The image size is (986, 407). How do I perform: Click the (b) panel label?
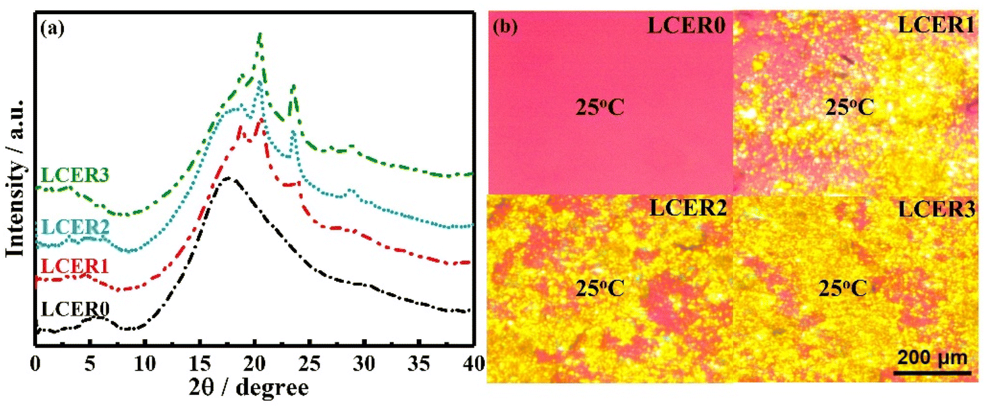coord(505,28)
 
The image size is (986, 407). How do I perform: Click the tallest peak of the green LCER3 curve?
coord(259,35)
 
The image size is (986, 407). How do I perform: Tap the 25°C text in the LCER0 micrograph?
coord(599,108)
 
